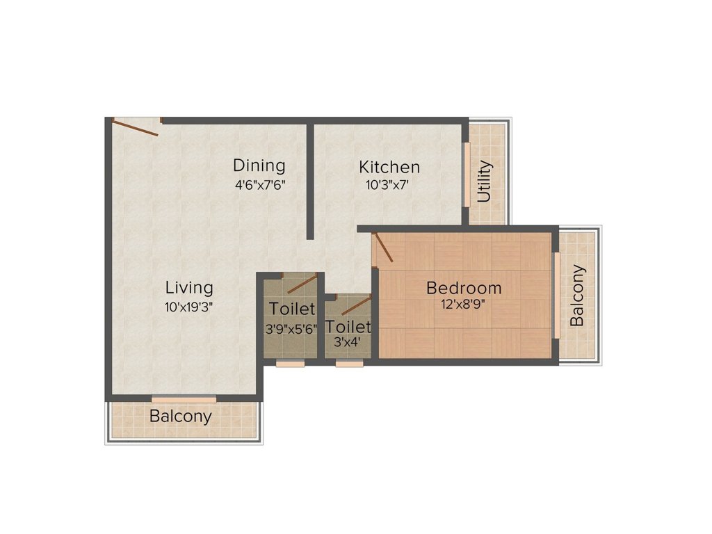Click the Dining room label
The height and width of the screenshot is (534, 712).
pyautogui.click(x=259, y=165)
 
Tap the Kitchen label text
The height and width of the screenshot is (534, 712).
pyautogui.click(x=389, y=167)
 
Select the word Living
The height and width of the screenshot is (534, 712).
pyautogui.click(x=189, y=287)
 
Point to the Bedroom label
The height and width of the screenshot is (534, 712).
pyautogui.click(x=464, y=287)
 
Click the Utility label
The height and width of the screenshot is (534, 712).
pyautogui.click(x=485, y=181)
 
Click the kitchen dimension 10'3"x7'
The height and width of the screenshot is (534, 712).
pyautogui.click(x=389, y=185)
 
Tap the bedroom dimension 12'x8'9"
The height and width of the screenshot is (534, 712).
pyautogui.click(x=464, y=304)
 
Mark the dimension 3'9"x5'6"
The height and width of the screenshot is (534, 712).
pyautogui.click(x=291, y=329)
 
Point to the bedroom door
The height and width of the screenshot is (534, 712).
pyautogui.click(x=383, y=248)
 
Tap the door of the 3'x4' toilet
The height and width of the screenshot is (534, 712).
pyautogui.click(x=356, y=305)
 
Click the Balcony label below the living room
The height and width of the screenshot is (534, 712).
pyautogui.click(x=181, y=416)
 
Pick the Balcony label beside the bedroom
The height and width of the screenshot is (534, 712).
pyautogui.click(x=577, y=296)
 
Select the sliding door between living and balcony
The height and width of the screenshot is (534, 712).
pyautogui.click(x=184, y=398)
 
